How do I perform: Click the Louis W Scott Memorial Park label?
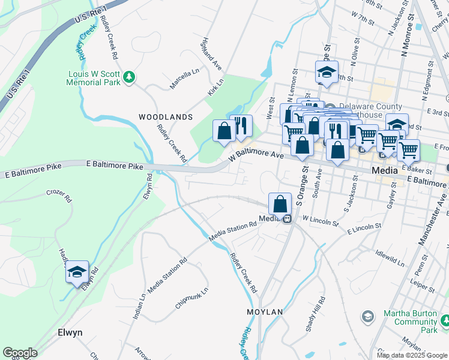pyautogui.click(x=96, y=82)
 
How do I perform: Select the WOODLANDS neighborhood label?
pyautogui.click(x=166, y=116)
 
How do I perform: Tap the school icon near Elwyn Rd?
pyautogui.click(x=77, y=273)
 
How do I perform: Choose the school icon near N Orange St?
pyautogui.click(x=327, y=73)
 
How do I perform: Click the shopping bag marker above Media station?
pyautogui.click(x=280, y=205)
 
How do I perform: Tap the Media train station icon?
pyautogui.click(x=288, y=219)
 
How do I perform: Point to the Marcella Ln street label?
pyautogui.click(x=184, y=79)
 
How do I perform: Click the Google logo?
pyautogui.click(x=20, y=353)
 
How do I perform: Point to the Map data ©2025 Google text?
pyautogui.click(x=411, y=355)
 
